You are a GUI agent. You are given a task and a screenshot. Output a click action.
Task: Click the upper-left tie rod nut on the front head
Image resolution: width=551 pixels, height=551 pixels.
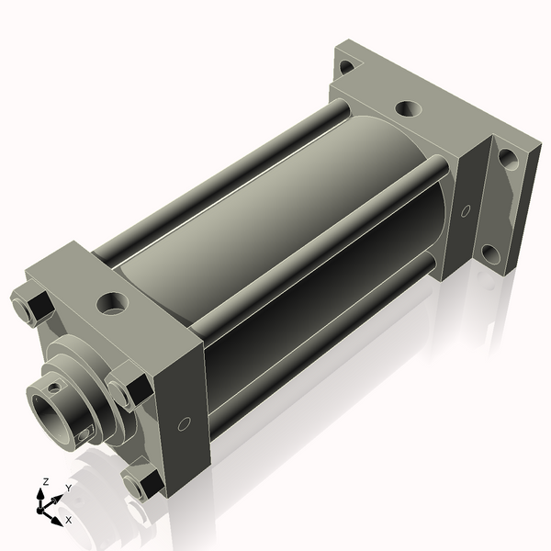30,307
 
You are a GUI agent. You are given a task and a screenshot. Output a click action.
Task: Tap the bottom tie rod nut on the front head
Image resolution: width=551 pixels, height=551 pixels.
142,484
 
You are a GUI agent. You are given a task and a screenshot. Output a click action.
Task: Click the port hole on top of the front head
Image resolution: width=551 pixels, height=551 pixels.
113,300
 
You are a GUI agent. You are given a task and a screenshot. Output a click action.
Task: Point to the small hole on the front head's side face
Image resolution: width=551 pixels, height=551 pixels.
184,424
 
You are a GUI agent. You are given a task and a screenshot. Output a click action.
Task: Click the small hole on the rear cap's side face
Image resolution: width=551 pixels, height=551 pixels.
465,210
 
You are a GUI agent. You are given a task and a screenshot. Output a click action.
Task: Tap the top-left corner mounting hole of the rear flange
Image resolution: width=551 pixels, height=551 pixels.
345,66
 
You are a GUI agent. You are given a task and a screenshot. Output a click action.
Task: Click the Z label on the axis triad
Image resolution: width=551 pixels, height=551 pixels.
44,481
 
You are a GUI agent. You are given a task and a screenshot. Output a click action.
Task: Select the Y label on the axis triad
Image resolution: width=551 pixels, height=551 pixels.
68,489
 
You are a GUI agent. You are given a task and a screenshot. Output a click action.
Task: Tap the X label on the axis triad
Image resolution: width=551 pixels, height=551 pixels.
68,520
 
